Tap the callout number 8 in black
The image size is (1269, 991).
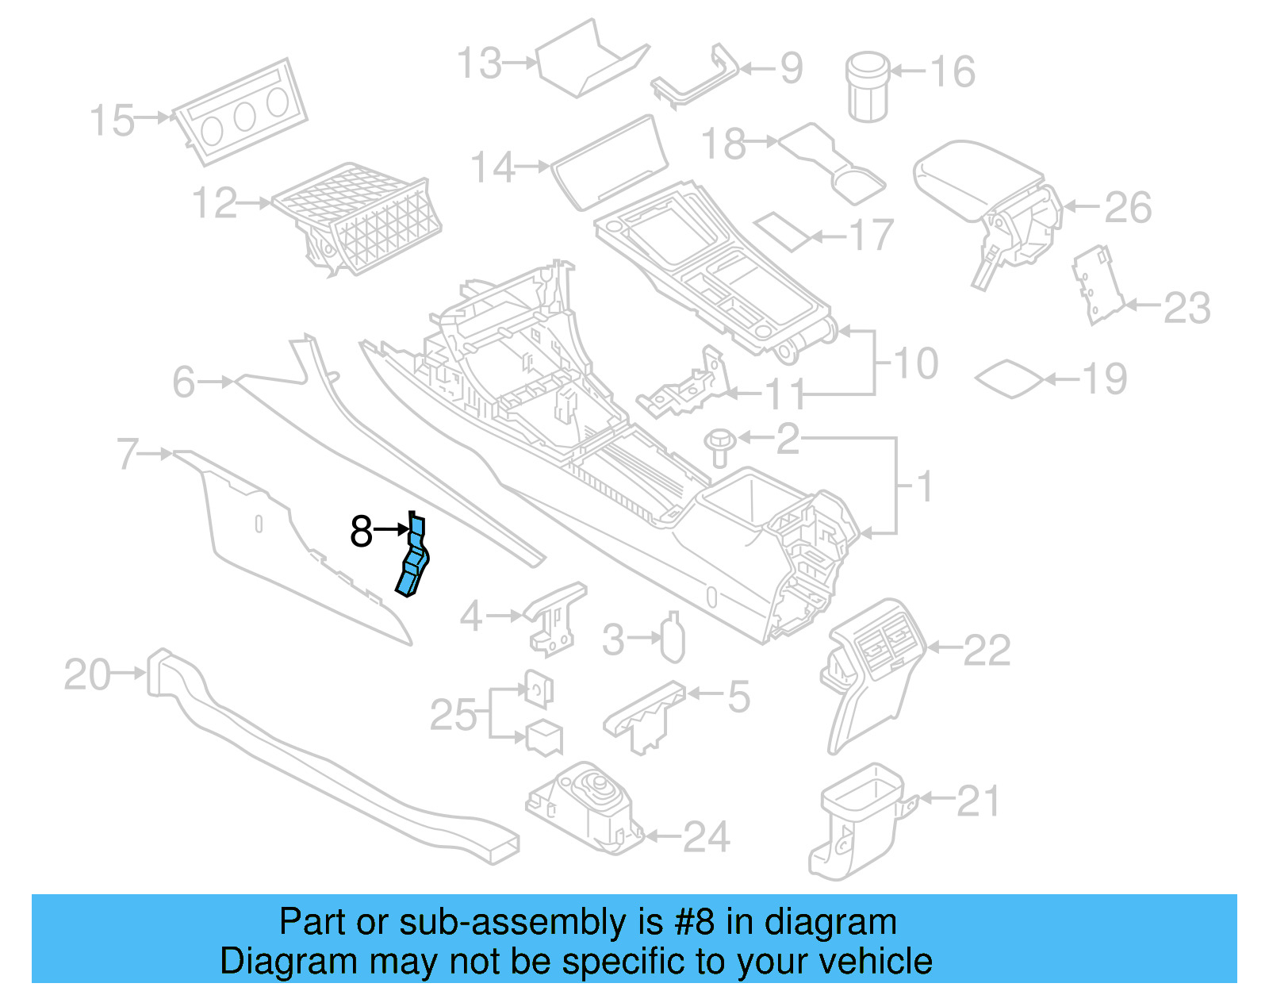point(361,531)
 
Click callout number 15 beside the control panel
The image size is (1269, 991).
point(112,121)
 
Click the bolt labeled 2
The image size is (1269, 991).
point(720,447)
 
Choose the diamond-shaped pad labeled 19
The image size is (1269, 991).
point(1008,379)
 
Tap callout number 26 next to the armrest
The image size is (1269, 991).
point(1128,207)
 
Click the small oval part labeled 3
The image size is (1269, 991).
point(673,637)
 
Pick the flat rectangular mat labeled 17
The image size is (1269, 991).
point(783,230)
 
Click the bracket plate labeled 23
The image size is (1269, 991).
point(1098,285)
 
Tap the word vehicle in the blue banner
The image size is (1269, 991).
point(875,961)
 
